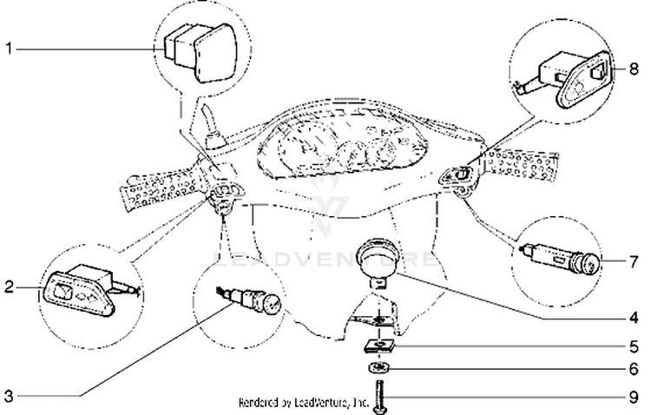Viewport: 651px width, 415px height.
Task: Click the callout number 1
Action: click(x=9, y=49)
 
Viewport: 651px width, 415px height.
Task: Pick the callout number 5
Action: click(x=635, y=345)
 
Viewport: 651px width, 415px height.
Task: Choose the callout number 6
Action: click(x=635, y=368)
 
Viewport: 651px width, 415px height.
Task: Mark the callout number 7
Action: click(x=635, y=259)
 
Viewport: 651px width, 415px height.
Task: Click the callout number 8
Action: click(x=635, y=67)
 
